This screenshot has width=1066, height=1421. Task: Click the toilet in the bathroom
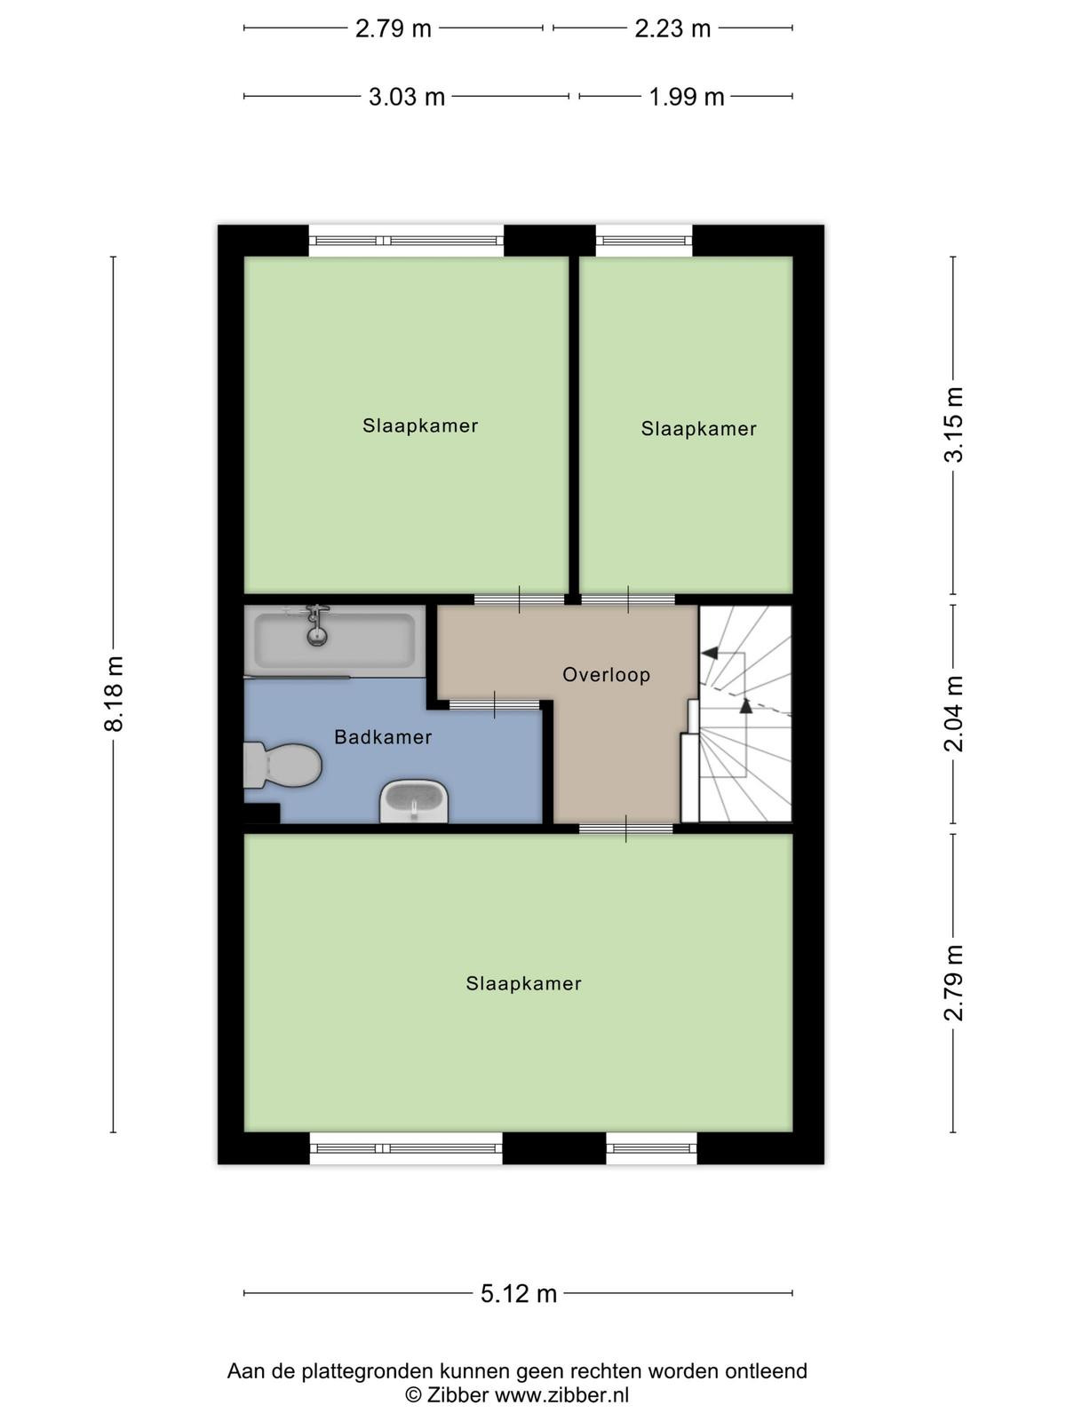pyautogui.click(x=282, y=766)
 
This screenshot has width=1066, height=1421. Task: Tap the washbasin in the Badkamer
pyautogui.click(x=414, y=801)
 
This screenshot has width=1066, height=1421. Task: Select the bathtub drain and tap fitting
pyautogui.click(x=316, y=624)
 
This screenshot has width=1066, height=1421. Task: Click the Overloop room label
pyautogui.click(x=607, y=675)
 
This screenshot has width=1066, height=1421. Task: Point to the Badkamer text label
pyautogui.click(x=383, y=737)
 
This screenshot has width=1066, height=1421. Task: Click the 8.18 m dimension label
pyautogui.click(x=114, y=694)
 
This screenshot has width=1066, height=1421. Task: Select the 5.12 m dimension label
pyautogui.click(x=519, y=1293)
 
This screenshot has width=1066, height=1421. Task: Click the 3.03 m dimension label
pyautogui.click(x=407, y=97)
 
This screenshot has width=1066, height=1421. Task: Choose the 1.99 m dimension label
pyautogui.click(x=687, y=97)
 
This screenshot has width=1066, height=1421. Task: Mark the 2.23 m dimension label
pyautogui.click(x=672, y=28)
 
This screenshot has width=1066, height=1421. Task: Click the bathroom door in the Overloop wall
pyautogui.click(x=495, y=705)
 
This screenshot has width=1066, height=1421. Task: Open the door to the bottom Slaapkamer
pyautogui.click(x=626, y=829)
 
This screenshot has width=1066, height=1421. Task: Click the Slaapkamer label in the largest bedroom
pyautogui.click(x=523, y=983)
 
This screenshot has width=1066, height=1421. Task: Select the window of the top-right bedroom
pyautogui.click(x=644, y=241)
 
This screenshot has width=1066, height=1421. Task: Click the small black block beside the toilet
pyautogui.click(x=261, y=813)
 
